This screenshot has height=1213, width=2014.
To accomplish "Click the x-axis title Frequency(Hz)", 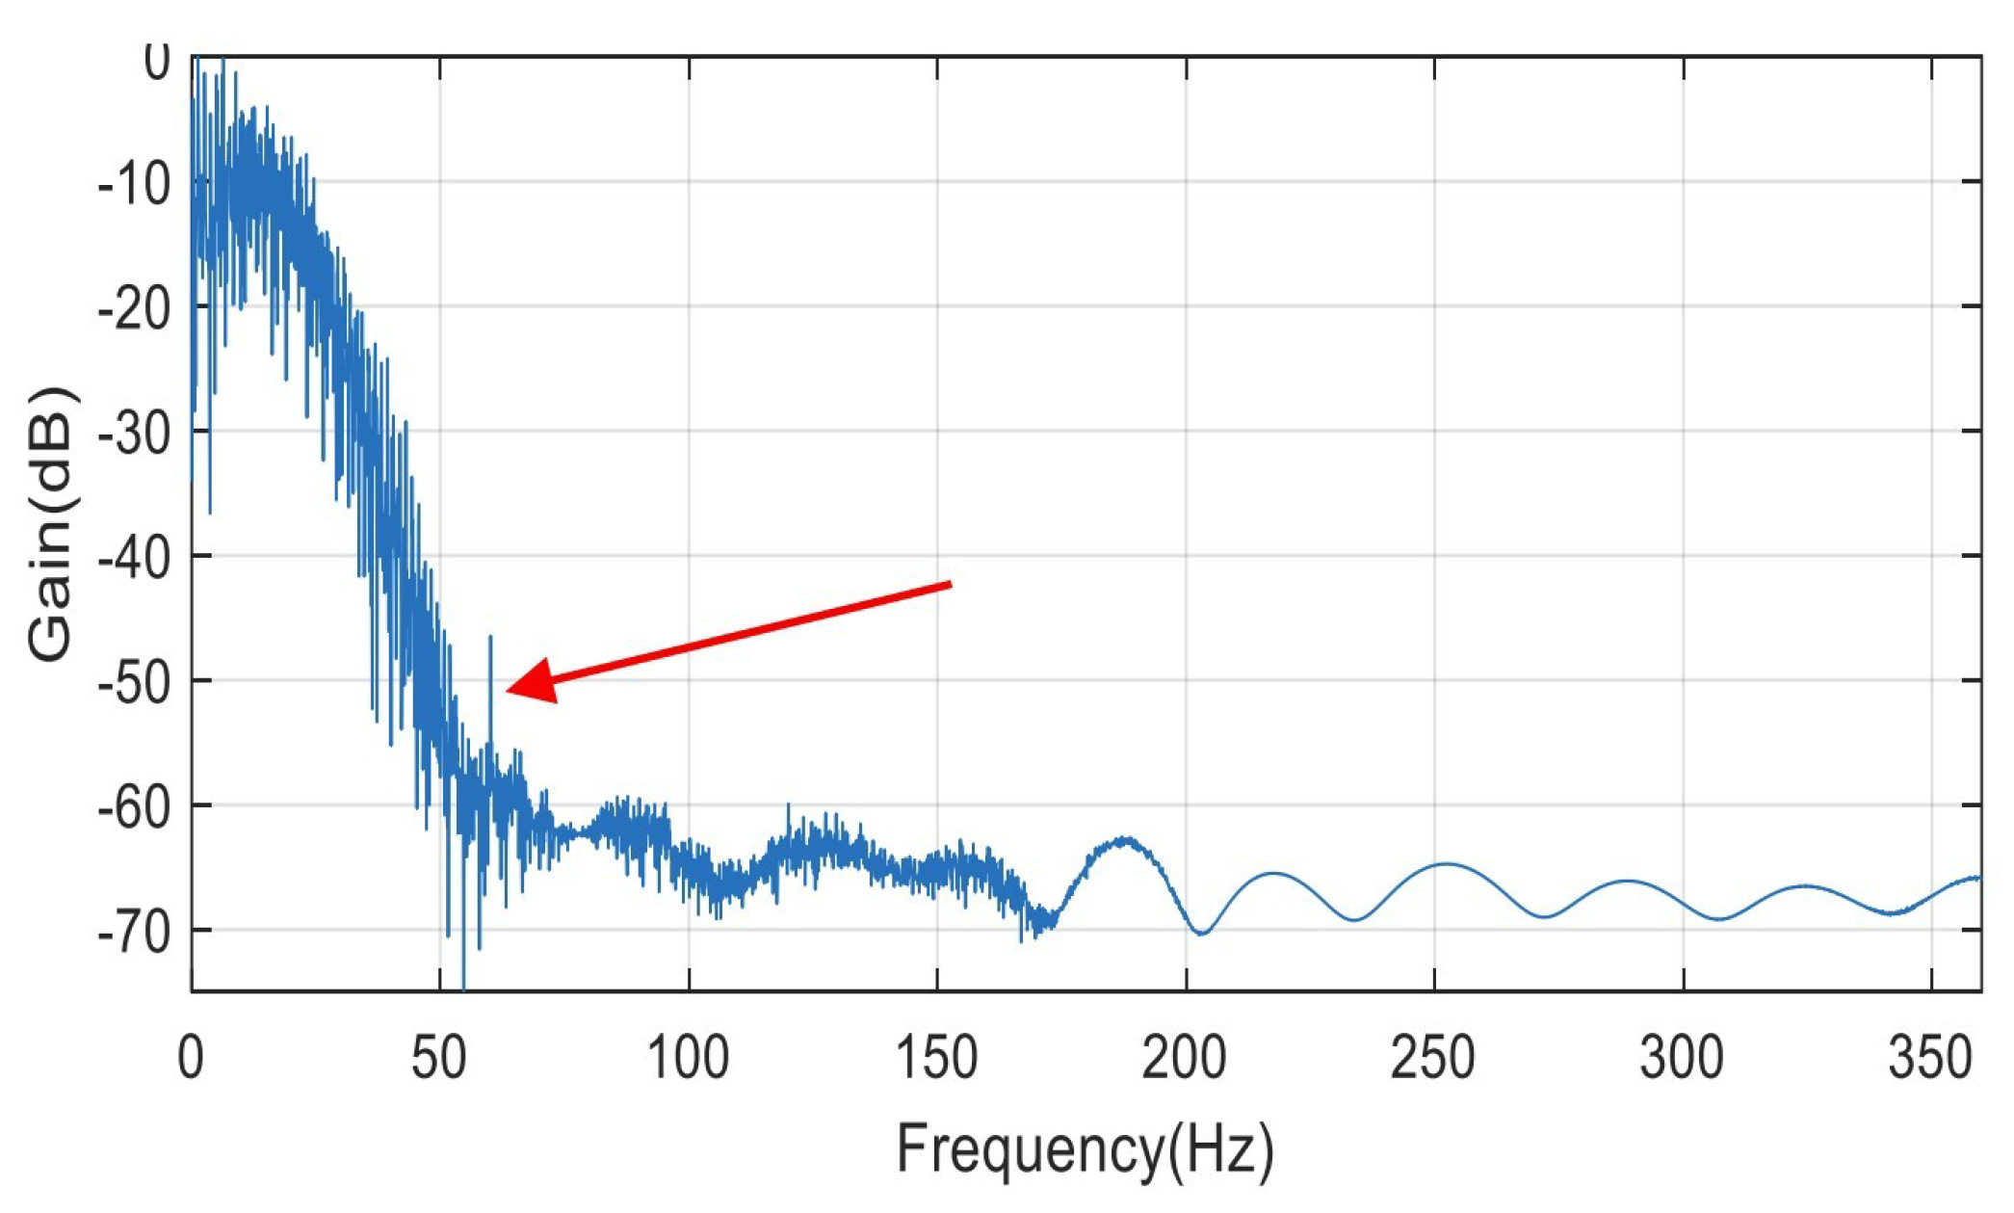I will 1085,1149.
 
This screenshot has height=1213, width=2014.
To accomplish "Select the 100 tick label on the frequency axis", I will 688,1058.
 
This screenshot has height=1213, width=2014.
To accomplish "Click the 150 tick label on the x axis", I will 936,1058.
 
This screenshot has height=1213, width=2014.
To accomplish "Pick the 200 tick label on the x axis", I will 1185,1058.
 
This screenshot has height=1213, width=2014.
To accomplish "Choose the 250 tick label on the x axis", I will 1433,1058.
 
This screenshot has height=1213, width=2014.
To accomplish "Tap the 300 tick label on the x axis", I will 1682,1058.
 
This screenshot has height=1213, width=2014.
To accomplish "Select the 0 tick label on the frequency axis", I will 191,1058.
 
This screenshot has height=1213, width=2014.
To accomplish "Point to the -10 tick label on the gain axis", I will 135,182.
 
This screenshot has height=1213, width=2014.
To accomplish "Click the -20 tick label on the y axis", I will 135,306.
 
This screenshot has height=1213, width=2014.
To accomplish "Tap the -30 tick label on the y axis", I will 135,431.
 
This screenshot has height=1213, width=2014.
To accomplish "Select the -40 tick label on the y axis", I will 135,556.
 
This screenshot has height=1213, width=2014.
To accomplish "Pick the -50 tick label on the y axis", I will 135,680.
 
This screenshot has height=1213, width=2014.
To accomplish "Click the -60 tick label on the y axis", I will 135,804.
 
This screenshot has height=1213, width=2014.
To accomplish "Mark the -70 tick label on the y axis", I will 135,930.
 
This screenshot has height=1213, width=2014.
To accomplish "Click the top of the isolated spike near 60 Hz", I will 490,637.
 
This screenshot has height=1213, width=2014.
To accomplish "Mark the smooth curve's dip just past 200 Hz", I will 1200,933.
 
